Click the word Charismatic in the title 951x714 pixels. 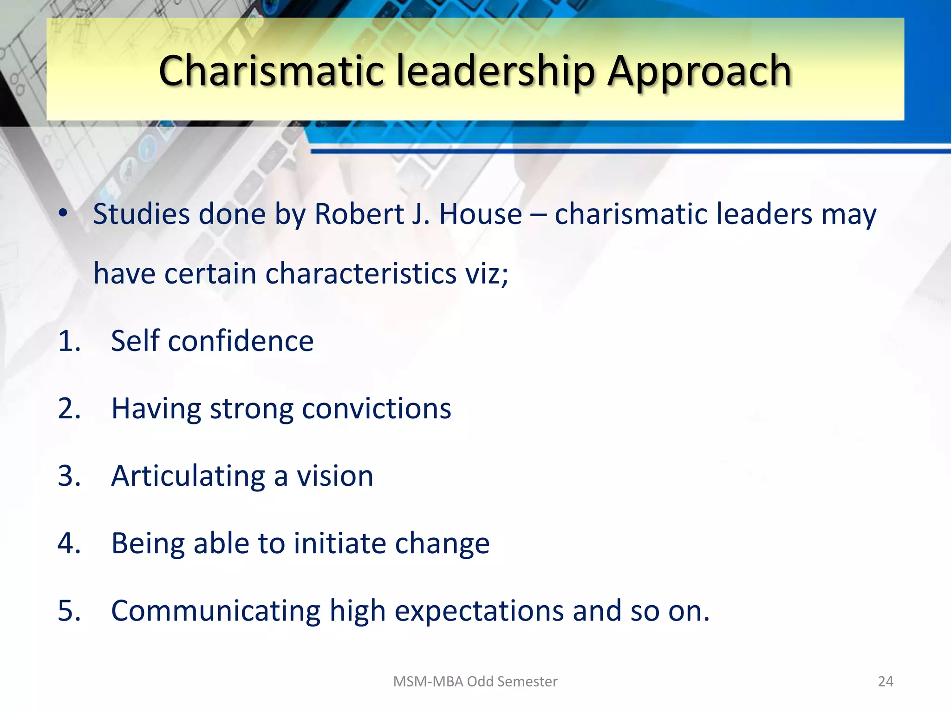pyautogui.click(x=272, y=71)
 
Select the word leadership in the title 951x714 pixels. pyautogui.click(x=495, y=71)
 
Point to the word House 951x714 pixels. pyautogui.click(x=481, y=214)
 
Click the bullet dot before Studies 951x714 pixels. pyautogui.click(x=63, y=213)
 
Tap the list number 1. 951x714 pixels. pyautogui.click(x=69, y=341)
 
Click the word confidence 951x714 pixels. pyautogui.click(x=241, y=341)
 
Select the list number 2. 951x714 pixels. pyautogui.click(x=69, y=409)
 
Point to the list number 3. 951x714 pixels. pyautogui.click(x=69, y=476)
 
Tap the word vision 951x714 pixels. pyautogui.click(x=335, y=476)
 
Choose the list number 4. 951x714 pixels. pyautogui.click(x=69, y=543)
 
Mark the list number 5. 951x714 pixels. pyautogui.click(x=69, y=610)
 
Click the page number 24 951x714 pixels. pyautogui.click(x=886, y=681)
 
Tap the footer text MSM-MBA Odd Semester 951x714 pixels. pyautogui.click(x=475, y=681)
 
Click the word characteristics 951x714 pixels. pyautogui.click(x=361, y=273)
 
